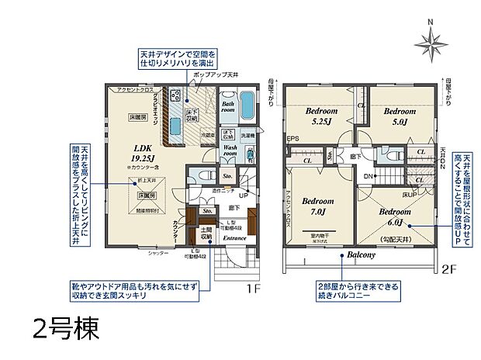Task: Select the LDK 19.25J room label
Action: (142, 152)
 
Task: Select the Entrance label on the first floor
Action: (234, 237)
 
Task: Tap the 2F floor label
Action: (449, 269)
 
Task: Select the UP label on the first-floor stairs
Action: (244, 195)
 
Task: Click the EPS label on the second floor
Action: (293, 139)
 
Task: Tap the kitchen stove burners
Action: (175, 96)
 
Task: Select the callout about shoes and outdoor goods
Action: (148, 289)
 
